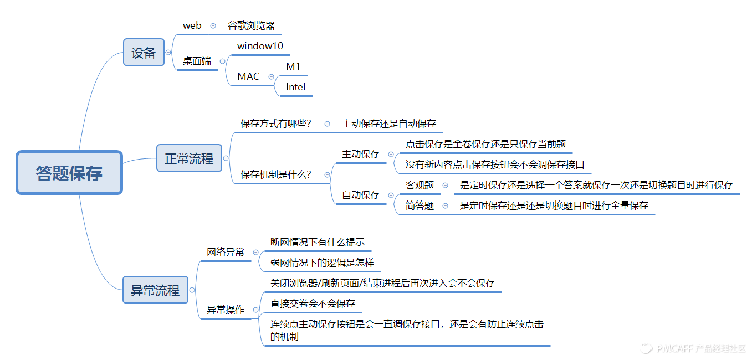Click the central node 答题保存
[x=69, y=173]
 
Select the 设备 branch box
[x=144, y=53]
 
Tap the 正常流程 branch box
[x=189, y=158]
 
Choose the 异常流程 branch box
[x=155, y=290]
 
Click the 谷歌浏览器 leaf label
[x=251, y=25]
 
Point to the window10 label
[x=260, y=46]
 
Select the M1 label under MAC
[x=293, y=66]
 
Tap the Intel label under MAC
[x=295, y=87]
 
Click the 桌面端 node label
[x=197, y=61]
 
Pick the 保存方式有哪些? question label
[x=275, y=124]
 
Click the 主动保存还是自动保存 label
[x=389, y=124]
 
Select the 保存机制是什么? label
[x=275, y=174]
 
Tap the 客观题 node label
[x=420, y=185]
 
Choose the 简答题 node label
[x=420, y=205]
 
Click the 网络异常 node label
[x=226, y=252]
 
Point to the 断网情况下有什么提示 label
[x=317, y=242]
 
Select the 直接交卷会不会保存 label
[x=313, y=304]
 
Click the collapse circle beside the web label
[x=213, y=26]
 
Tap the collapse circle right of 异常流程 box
[x=192, y=290]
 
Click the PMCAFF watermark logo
[x=646, y=348]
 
